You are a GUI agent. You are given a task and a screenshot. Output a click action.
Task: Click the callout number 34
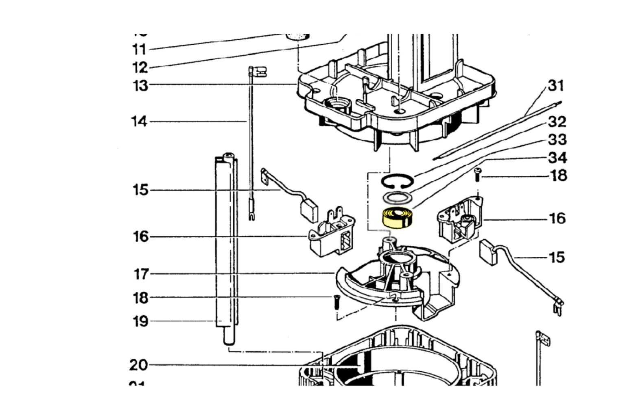(557, 158)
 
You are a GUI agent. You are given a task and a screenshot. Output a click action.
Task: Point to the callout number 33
(557, 139)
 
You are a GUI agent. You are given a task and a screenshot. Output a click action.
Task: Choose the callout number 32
(557, 121)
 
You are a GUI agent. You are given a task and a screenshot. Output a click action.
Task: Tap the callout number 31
(556, 86)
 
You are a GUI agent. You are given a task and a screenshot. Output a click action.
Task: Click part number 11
(139, 50)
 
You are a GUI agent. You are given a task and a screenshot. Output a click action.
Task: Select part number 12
(139, 67)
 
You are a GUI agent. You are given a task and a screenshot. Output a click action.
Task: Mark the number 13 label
(140, 86)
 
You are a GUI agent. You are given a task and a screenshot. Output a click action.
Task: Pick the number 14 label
(139, 121)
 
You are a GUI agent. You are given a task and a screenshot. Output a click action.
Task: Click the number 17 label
(141, 274)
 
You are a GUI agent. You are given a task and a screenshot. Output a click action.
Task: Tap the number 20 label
(139, 365)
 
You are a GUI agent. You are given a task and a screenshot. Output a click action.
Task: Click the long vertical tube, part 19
(226, 244)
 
